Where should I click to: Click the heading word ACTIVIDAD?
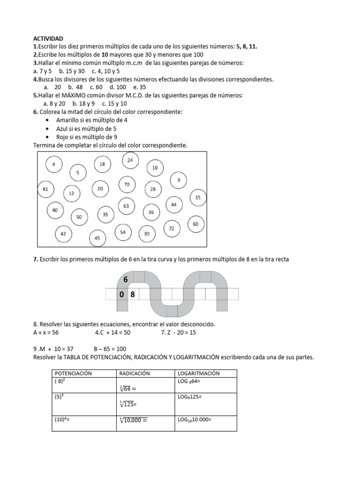[48, 38]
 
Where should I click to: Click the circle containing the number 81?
[45, 189]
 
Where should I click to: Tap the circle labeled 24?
[130, 160]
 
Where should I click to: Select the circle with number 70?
[127, 185]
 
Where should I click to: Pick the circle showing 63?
[126, 206]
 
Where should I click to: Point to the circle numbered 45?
[97, 238]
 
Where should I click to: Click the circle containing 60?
[195, 225]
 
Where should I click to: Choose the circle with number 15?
[198, 198]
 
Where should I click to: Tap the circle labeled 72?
[172, 228]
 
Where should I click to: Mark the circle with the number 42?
[63, 234]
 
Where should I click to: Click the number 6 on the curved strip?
[125, 280]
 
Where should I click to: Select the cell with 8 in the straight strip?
[133, 294]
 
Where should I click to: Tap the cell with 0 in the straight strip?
[121, 294]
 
